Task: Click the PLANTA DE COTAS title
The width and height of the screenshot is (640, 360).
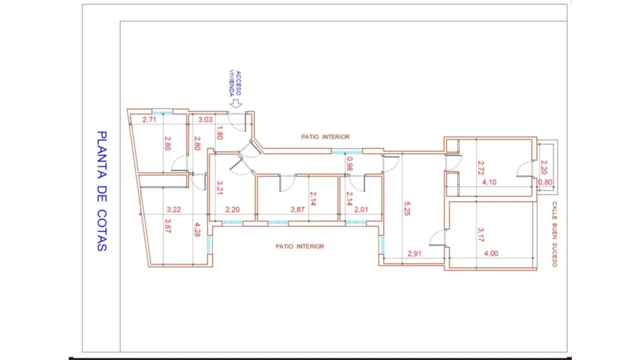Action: [x=102, y=191]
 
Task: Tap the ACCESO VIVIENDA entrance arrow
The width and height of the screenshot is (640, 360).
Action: [x=236, y=104]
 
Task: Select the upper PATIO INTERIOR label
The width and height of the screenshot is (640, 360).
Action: [x=326, y=137]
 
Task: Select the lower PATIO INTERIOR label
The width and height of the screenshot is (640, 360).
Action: [x=300, y=246]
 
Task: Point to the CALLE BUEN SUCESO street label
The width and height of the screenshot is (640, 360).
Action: [x=554, y=234]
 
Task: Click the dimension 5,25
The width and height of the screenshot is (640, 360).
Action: [x=407, y=209]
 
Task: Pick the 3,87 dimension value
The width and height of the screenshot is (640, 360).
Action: [x=297, y=210]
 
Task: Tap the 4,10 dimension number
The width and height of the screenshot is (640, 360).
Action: [x=489, y=182]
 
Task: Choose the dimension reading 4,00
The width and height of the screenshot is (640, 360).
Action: [x=491, y=253]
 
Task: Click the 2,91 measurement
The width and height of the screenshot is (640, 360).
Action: [x=414, y=254]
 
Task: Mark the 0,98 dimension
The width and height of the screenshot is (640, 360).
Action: [x=349, y=164]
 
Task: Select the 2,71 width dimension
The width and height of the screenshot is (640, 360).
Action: [x=149, y=119]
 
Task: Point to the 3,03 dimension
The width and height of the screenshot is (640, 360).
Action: [x=205, y=119]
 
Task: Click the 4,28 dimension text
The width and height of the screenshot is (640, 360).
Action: [x=197, y=230]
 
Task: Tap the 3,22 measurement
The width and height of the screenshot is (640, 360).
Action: [x=174, y=210]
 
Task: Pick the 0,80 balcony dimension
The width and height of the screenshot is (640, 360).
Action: [x=545, y=182]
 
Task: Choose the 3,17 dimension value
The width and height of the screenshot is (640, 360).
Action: [x=481, y=235]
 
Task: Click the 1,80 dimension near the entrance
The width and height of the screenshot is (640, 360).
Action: [x=219, y=133]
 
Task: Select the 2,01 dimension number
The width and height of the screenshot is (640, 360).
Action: [x=361, y=210]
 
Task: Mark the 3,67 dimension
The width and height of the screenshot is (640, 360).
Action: [x=168, y=226]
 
